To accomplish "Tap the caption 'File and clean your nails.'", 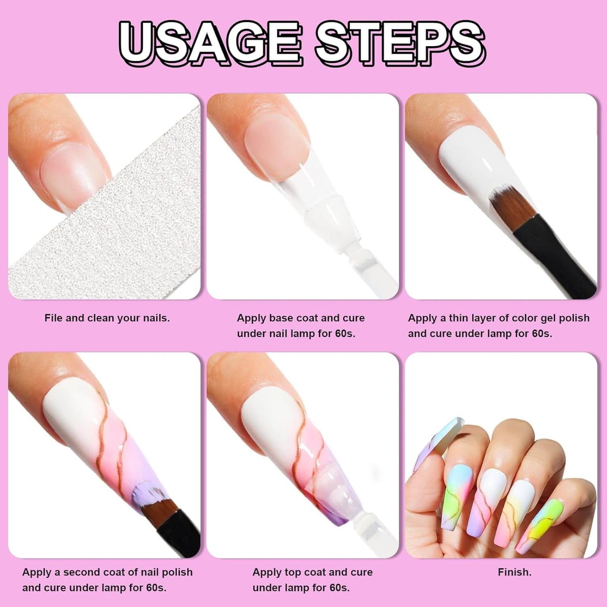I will click(107, 318).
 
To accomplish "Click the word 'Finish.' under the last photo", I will click(515, 572).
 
